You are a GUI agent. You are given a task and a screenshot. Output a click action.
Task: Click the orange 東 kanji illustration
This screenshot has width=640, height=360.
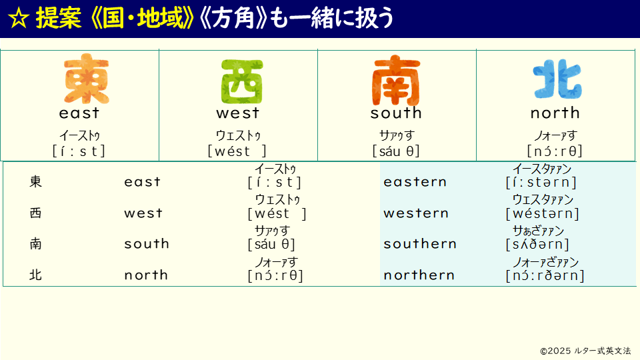pyautogui.click(x=87, y=79)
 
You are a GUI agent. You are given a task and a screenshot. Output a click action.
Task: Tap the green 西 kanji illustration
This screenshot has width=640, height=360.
pyautogui.click(x=242, y=81)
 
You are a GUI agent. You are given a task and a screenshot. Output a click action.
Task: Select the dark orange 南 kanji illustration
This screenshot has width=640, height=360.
pyautogui.click(x=396, y=81)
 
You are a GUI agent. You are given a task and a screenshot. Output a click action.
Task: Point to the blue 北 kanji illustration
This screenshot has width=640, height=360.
pyautogui.click(x=557, y=79)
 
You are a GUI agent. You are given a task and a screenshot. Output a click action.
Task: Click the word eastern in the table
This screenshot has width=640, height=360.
pyautogui.click(x=415, y=182)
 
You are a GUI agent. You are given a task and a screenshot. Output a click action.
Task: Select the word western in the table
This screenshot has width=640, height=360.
pyautogui.click(x=416, y=213)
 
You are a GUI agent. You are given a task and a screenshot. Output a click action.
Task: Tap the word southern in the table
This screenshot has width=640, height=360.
pyautogui.click(x=420, y=244)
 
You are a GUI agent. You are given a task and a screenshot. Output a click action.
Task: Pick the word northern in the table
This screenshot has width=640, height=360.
pyautogui.click(x=419, y=275)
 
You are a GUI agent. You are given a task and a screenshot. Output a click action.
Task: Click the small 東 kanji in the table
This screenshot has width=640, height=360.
pyautogui.click(x=35, y=181)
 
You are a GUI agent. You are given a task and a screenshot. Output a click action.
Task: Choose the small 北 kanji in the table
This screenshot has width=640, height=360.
pyautogui.click(x=35, y=275)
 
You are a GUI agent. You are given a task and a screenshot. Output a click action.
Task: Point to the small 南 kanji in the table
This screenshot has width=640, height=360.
pyautogui.click(x=35, y=244)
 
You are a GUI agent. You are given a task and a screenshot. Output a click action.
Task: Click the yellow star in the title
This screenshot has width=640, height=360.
pyautogui.click(x=19, y=19)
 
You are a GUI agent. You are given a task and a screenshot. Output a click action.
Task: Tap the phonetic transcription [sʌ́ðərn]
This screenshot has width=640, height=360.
pyautogui.click(x=537, y=245)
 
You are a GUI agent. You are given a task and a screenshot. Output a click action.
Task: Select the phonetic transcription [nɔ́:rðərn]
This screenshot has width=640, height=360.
pyautogui.click(x=545, y=275)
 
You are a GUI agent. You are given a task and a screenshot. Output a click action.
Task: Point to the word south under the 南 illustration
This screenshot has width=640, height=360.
pyautogui.click(x=396, y=113)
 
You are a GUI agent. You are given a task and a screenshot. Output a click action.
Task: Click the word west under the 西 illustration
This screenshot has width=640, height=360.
pyautogui.click(x=238, y=113)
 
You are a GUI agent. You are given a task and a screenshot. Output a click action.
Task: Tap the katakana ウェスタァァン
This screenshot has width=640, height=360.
pyautogui.click(x=543, y=199)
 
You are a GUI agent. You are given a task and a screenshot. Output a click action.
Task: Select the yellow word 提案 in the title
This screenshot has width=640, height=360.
pyautogui.click(x=59, y=19)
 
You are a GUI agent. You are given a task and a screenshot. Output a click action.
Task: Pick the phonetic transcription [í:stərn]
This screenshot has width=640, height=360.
pyautogui.click(x=541, y=183)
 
